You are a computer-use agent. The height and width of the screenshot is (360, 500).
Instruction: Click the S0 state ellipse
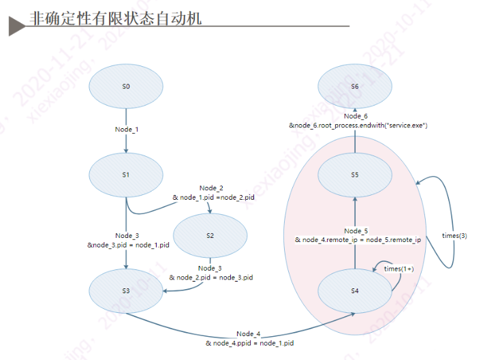click(126, 87)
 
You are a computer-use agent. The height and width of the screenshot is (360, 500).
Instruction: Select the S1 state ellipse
click(126, 175)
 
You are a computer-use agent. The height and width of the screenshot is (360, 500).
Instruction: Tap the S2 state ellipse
click(210, 235)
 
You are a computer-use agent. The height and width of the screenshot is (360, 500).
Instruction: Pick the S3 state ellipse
click(126, 290)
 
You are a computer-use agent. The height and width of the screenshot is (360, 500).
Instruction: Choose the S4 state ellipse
click(355, 291)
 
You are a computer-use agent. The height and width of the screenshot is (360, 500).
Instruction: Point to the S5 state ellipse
click(355, 175)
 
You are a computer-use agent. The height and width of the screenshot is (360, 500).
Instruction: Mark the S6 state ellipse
click(355, 87)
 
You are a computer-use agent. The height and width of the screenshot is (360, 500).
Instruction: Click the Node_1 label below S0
click(126, 129)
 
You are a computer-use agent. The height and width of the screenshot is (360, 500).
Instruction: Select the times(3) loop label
click(454, 235)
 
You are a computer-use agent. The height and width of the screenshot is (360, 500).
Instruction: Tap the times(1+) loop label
click(399, 269)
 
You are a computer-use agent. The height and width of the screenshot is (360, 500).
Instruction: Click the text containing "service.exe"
click(358, 125)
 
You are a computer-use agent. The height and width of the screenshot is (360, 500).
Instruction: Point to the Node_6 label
click(356, 117)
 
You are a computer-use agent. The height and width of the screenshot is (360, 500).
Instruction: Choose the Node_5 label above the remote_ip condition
click(356, 231)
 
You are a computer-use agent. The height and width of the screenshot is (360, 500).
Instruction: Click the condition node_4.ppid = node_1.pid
click(249, 342)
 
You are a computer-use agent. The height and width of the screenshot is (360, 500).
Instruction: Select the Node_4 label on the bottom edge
click(249, 333)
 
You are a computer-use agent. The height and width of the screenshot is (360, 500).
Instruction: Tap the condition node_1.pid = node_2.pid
click(213, 197)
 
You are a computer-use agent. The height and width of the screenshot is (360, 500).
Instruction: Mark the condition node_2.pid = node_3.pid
click(211, 277)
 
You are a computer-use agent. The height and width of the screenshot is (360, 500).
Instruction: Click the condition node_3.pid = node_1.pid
click(128, 245)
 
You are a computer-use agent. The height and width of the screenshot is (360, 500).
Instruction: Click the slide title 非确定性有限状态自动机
click(116, 17)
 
